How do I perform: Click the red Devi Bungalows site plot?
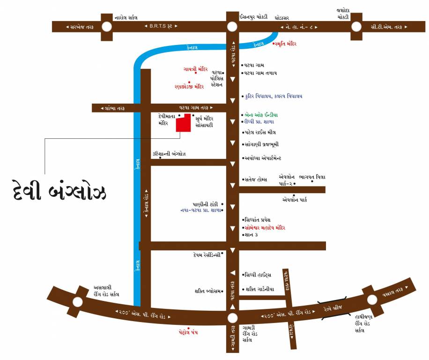[183, 124]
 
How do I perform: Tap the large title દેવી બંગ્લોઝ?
[59, 192]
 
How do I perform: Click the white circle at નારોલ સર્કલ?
[107, 27]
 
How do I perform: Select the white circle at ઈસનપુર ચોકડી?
[232, 27]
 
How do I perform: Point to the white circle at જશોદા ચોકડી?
[356, 27]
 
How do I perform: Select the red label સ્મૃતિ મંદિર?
[289, 43]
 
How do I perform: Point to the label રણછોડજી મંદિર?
[189, 86]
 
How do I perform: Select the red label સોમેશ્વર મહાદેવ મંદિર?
[265, 227]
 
